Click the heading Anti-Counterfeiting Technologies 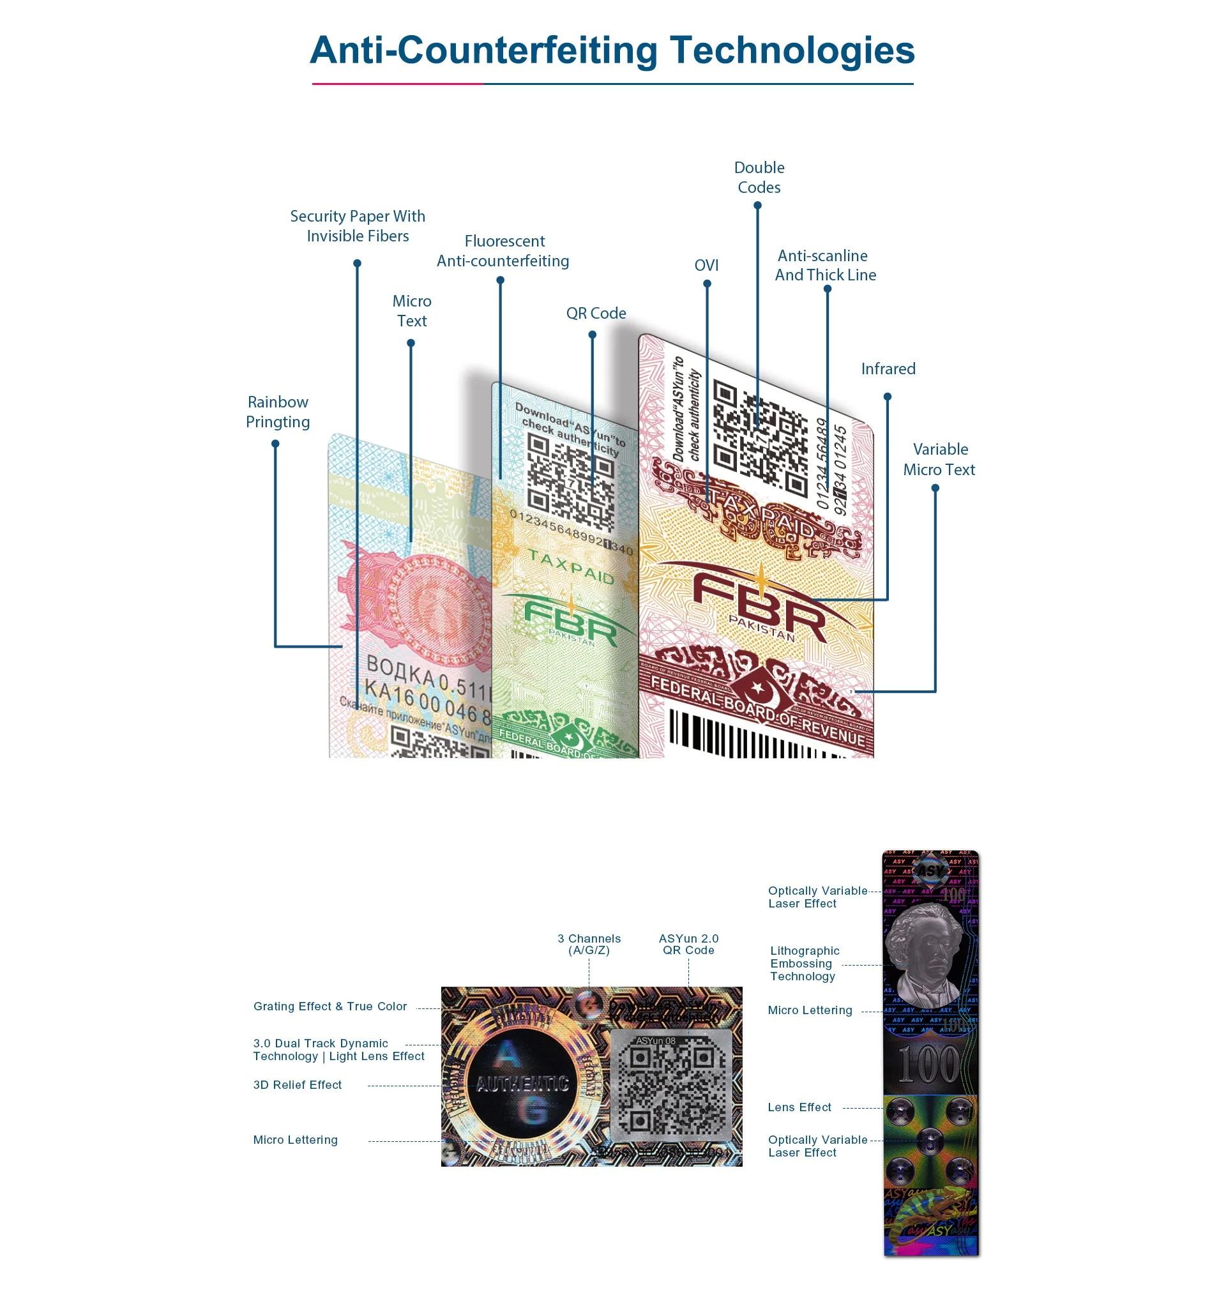(x=612, y=50)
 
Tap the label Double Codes (x=759, y=178)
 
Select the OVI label (x=706, y=266)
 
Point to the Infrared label (x=888, y=368)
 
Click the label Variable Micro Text (x=939, y=459)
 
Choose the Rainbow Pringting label (x=278, y=412)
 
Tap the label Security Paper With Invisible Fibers (x=358, y=226)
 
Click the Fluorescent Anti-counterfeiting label (x=503, y=251)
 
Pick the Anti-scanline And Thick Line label (x=825, y=266)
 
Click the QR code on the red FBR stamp (x=759, y=436)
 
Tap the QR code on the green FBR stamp (x=570, y=483)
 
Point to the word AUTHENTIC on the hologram (x=522, y=1084)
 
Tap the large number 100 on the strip (x=928, y=1065)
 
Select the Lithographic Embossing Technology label (x=804, y=963)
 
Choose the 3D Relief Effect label (x=297, y=1084)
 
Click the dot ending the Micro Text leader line (x=411, y=343)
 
